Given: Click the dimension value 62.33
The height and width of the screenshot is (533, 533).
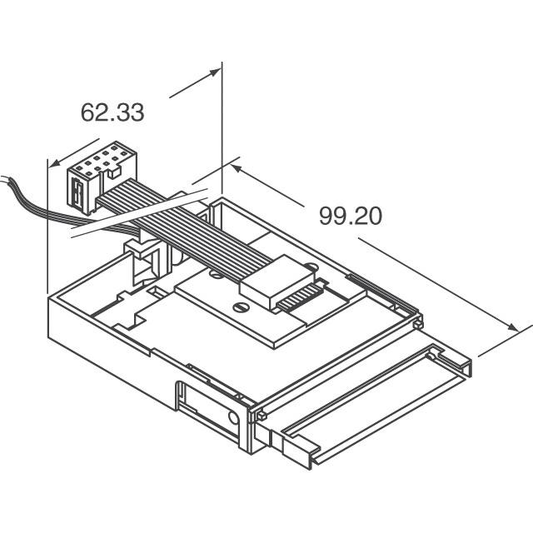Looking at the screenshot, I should (x=112, y=112).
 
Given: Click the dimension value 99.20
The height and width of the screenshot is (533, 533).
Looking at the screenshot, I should (x=350, y=216).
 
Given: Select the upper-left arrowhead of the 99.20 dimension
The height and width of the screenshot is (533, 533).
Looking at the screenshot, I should (x=236, y=169).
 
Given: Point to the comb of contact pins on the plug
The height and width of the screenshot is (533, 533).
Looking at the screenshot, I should (x=300, y=297).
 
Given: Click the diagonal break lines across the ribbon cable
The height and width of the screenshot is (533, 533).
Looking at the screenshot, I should (x=133, y=218).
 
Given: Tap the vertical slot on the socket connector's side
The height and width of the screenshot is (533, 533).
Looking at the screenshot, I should (x=76, y=195).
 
